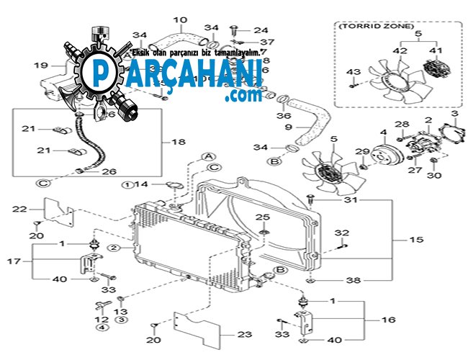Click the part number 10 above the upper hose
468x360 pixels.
179,19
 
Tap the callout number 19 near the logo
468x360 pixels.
40,66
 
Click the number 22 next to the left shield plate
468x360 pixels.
19,210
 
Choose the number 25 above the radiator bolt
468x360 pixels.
264,217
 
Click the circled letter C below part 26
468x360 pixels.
45,184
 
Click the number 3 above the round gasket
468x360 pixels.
454,114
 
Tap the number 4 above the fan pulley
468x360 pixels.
383,132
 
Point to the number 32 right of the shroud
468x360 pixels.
342,233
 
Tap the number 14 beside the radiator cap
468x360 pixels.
143,185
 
